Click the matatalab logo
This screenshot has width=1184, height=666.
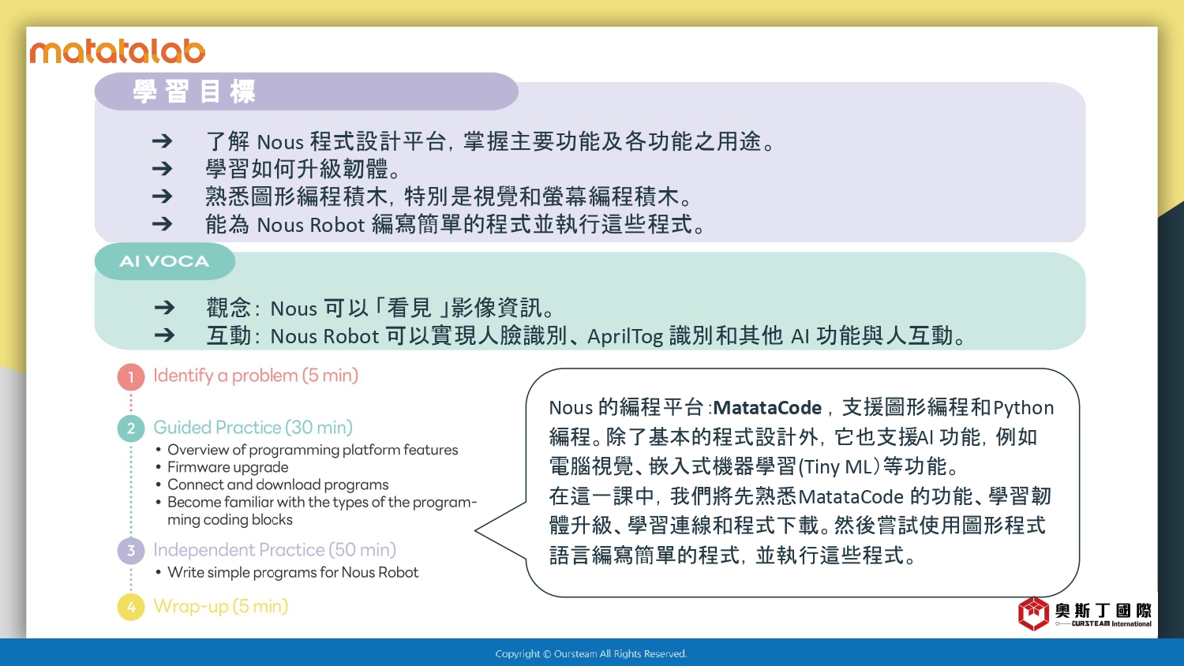pyautogui.click(x=118, y=51)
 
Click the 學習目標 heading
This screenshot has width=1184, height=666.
pyautogui.click(x=194, y=92)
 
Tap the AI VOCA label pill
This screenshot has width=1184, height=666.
pyautogui.click(x=165, y=261)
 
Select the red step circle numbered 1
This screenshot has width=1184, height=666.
pyautogui.click(x=131, y=377)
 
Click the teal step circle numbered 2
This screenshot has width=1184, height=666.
pyautogui.click(x=131, y=428)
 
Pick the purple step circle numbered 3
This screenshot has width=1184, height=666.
pyautogui.click(x=131, y=551)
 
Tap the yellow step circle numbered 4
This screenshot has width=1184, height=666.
pyautogui.click(x=131, y=607)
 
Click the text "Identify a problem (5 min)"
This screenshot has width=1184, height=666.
pyautogui.click(x=256, y=376)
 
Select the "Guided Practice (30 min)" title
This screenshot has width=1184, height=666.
pyautogui.click(x=253, y=427)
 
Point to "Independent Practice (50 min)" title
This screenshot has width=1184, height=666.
pyautogui.click(x=275, y=550)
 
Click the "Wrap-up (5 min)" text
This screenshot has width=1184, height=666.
pyautogui.click(x=221, y=606)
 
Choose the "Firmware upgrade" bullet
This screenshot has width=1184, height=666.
pyautogui.click(x=228, y=467)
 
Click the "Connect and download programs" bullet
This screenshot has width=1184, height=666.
pyautogui.click(x=278, y=485)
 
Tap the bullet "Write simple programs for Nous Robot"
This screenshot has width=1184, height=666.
pyautogui.click(x=293, y=572)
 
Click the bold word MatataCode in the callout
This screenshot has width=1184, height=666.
pyautogui.click(x=767, y=407)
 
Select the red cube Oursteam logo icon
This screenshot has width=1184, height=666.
pyautogui.click(x=1033, y=614)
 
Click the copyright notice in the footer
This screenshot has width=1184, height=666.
pyautogui.click(x=591, y=654)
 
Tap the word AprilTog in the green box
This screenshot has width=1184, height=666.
pyautogui.click(x=625, y=336)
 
